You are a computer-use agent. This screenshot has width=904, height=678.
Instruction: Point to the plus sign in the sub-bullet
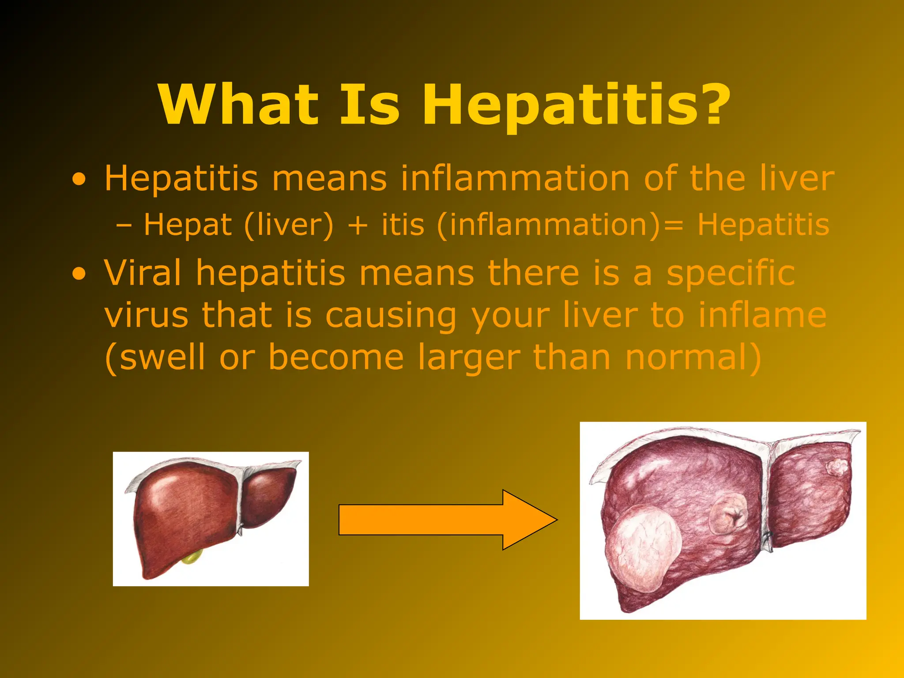[x=358, y=225]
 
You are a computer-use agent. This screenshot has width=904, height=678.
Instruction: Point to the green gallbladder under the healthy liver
[x=192, y=558]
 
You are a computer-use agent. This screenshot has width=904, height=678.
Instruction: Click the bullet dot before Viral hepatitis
[x=79, y=274]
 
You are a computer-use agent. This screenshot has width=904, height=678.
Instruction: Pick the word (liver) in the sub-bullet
[x=289, y=225]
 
